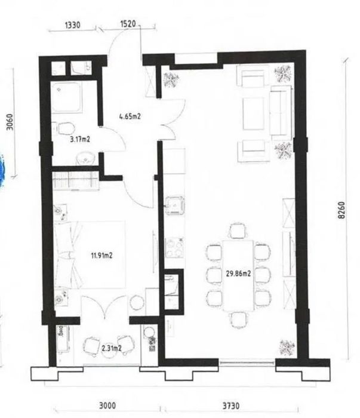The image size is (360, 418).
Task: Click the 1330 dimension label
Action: coord(72,25)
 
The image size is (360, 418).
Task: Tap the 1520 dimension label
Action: coord(128,24)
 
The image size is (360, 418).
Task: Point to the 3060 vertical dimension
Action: coord(10,122)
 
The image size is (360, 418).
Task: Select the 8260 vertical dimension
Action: coord(341,210)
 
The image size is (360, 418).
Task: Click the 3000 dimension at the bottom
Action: coord(107,405)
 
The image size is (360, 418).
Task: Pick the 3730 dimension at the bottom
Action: coord(231,405)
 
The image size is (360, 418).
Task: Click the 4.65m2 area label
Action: coord(130,116)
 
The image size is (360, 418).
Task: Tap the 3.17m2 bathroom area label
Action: coord(79,139)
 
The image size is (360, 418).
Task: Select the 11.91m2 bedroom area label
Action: coord(102,256)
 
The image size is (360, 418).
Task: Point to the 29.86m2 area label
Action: coord(238,273)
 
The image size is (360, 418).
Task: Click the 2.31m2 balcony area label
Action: coord(112,348)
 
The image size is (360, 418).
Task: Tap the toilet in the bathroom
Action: coord(64,129)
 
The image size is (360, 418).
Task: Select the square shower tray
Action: coord(66,97)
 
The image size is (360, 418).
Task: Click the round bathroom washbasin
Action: coord(85,158)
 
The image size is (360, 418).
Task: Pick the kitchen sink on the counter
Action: coord(175,205)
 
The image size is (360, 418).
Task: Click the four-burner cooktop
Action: coord(174,247)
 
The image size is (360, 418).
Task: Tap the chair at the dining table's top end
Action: coord(238,231)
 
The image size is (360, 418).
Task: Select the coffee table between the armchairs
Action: coord(253,113)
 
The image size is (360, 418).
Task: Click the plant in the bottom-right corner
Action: coord(287,348)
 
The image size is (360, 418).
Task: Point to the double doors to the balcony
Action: coord(105,307)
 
